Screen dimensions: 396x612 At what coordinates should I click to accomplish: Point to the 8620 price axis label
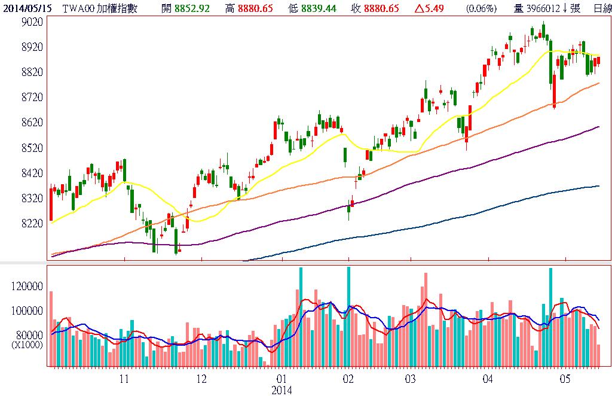[32, 123]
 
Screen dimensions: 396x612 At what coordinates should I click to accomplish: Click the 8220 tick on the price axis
[32, 223]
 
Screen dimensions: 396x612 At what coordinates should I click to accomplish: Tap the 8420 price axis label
[32, 173]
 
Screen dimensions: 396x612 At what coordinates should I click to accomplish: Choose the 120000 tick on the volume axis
[27, 287]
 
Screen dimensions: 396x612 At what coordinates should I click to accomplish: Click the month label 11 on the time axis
[124, 379]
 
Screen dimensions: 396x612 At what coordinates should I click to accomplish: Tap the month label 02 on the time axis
[348, 379]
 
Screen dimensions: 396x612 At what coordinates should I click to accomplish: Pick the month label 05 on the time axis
[565, 379]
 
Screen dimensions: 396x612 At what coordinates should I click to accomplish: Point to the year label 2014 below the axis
[281, 389]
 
